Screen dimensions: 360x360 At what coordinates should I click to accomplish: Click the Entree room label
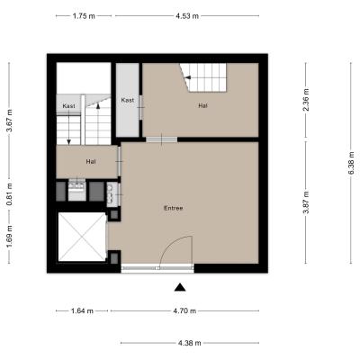coord(174,208)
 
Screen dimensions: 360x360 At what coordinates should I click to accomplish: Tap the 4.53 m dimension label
coord(187,16)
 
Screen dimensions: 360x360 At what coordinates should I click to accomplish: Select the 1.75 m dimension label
coord(84,16)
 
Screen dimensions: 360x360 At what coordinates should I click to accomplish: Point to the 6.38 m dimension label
coord(351,163)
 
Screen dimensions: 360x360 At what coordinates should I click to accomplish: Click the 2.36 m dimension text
coord(306,100)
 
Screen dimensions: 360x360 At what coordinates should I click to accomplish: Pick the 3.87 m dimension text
coord(306,202)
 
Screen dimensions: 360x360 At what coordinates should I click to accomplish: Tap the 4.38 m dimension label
coord(190,343)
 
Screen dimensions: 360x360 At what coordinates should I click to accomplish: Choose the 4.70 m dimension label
coord(184,311)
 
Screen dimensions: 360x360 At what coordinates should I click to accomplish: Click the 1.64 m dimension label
coord(82,311)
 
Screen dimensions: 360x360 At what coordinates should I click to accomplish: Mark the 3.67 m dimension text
coord(9,121)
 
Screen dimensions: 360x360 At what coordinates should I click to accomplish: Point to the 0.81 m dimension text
coord(9,194)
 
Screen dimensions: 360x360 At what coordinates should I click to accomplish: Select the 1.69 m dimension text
coord(9,237)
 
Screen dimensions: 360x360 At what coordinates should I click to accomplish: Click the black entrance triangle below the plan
coord(180,287)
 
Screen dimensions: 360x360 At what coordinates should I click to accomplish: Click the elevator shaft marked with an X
coord(82,237)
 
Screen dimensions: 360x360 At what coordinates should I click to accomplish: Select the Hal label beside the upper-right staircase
coord(202,105)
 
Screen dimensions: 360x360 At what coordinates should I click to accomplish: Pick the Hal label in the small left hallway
coord(91,161)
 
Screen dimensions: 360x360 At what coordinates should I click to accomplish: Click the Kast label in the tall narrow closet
coord(128,100)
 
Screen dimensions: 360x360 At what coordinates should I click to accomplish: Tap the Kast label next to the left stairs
coord(68,106)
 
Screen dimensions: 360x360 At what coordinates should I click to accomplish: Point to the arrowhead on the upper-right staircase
coord(187,77)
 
